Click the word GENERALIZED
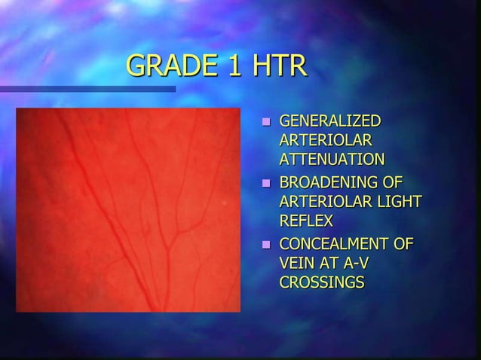[x=330, y=121]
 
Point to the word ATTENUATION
[x=332, y=159]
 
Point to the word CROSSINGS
[x=322, y=282]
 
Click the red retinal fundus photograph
[x=128, y=209]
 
